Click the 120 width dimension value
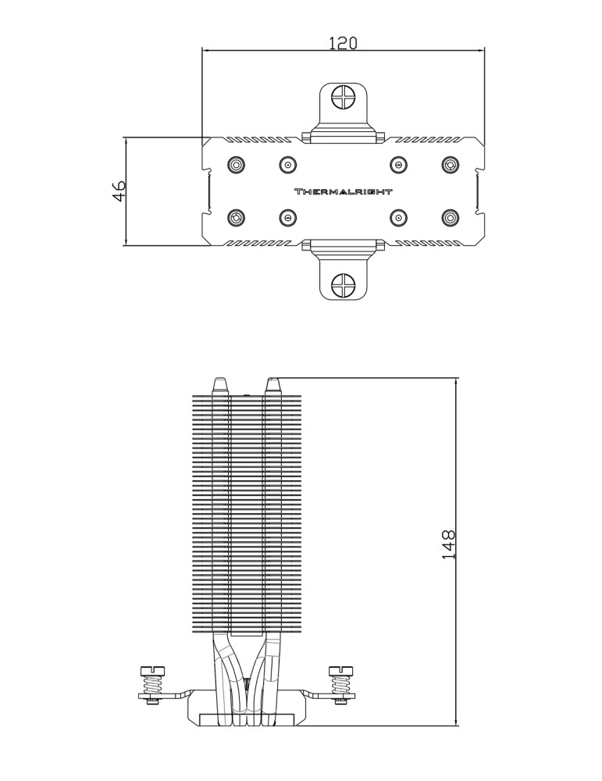click(x=342, y=44)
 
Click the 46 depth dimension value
click(x=119, y=191)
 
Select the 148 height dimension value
click(x=449, y=546)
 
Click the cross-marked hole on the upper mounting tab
click(x=343, y=98)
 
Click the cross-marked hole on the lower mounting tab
click(x=343, y=285)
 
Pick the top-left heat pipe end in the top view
click(x=236, y=166)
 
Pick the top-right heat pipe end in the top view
click(x=450, y=166)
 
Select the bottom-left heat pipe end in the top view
click(x=236, y=217)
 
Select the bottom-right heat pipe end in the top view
click(x=450, y=217)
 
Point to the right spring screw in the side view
click(x=341, y=683)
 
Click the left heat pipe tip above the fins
click(x=220, y=385)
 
